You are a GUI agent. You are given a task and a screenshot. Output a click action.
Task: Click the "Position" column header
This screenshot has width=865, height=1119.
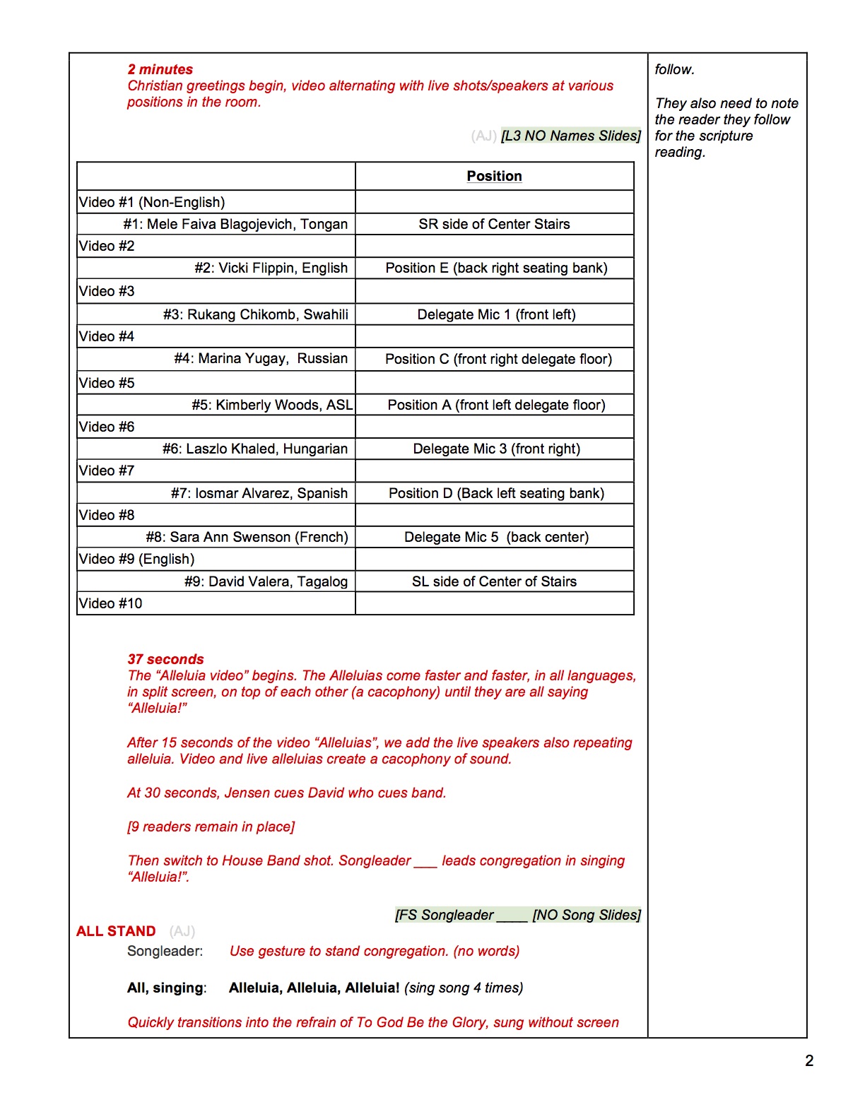494,176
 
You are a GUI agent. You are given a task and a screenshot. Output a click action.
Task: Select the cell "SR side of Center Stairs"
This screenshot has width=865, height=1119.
494,224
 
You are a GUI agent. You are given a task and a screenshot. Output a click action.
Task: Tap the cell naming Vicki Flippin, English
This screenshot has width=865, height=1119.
271,268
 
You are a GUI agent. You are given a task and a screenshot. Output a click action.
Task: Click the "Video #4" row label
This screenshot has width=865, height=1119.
107,336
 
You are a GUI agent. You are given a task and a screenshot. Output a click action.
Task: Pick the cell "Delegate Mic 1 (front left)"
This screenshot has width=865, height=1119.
496,314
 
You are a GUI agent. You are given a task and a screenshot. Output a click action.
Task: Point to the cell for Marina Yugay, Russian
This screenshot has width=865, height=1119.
261,358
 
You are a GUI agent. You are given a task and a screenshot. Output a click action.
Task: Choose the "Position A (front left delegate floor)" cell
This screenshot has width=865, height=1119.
496,405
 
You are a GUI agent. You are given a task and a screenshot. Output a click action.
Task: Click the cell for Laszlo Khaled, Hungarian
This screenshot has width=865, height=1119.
255,449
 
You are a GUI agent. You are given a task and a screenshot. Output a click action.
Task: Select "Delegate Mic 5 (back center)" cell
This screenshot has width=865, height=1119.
496,537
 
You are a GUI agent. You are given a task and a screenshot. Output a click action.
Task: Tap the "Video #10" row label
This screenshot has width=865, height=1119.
111,603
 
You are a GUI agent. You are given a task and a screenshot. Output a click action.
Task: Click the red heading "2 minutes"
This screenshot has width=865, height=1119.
160,69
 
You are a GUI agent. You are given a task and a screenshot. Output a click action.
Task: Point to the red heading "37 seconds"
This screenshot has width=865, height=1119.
166,659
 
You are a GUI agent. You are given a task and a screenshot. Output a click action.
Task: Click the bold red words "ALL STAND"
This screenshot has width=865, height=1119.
116,931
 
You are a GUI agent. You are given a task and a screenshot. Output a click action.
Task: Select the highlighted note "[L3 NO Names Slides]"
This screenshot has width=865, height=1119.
571,136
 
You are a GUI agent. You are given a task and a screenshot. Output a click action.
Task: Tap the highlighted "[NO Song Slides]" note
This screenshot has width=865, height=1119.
587,915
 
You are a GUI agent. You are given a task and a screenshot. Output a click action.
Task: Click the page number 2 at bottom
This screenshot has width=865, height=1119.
809,1060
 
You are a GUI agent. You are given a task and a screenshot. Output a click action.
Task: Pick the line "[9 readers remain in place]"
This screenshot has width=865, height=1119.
211,827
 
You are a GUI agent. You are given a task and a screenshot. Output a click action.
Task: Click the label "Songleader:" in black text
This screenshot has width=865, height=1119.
165,951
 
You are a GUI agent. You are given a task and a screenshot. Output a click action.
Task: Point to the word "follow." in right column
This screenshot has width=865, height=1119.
675,69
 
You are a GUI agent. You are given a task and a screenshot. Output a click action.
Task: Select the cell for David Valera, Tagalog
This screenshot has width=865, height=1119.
266,581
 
